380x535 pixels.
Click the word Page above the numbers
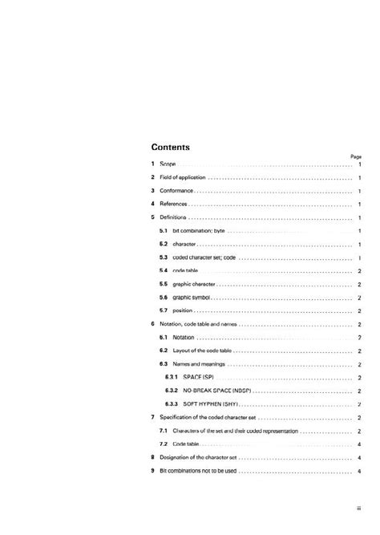[357, 156]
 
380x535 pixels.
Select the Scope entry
[168, 164]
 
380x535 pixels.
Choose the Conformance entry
[176, 191]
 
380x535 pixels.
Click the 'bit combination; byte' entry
[198, 230]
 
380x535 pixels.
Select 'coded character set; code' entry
[204, 257]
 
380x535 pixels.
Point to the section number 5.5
[163, 284]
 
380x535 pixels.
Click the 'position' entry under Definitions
[184, 310]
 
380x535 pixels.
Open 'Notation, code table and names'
[198, 324]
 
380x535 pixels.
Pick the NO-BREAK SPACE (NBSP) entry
[216, 391]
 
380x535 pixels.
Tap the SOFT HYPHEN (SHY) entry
[212, 404]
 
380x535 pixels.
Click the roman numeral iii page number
[358, 508]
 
